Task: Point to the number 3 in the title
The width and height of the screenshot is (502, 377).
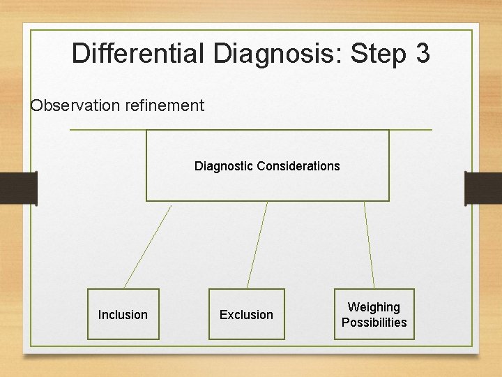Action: tap(422, 54)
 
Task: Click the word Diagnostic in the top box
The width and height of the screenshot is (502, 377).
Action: tap(224, 166)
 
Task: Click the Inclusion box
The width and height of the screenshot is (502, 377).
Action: tap(123, 314)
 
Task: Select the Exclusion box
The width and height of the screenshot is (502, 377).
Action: tap(247, 314)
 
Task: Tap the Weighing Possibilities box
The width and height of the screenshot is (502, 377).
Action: tap(374, 314)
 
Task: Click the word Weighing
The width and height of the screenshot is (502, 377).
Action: tap(374, 307)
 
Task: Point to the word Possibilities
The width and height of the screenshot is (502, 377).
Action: tap(374, 323)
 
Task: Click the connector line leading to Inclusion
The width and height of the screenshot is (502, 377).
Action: tap(147, 246)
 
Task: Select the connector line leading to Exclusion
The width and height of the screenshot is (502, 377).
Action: tap(257, 245)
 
